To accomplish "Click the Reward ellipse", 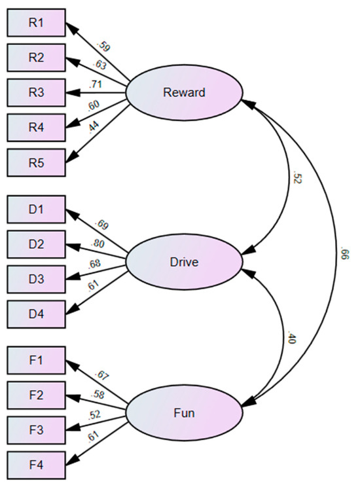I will click(x=184, y=92).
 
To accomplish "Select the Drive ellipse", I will click(x=184, y=263).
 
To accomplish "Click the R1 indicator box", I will click(x=36, y=23).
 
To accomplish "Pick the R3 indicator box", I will click(x=36, y=92).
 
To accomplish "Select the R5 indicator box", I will click(x=36, y=162).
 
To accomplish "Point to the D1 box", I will click(x=36, y=209).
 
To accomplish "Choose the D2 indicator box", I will click(x=36, y=244).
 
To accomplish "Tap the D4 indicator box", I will click(x=36, y=314).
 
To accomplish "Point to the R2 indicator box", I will click(x=36, y=58).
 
